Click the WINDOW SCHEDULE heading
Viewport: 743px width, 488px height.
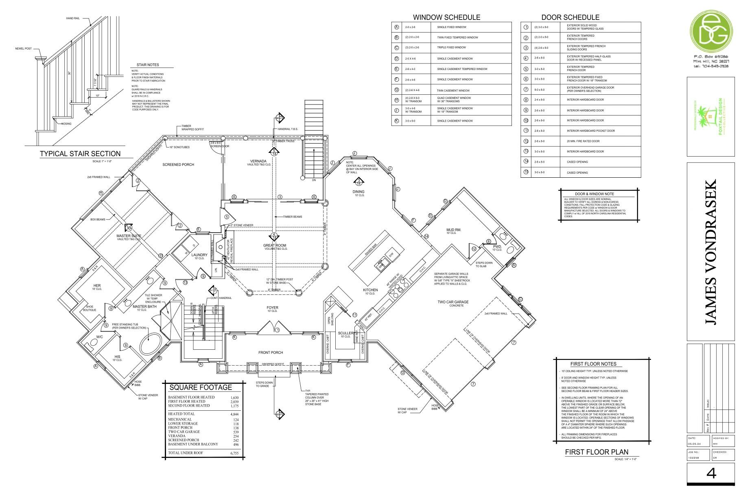pyautogui.click(x=446, y=17)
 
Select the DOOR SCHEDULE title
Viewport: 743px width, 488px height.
pyautogui.click(x=570, y=17)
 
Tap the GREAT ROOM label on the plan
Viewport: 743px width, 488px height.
pyautogui.click(x=274, y=246)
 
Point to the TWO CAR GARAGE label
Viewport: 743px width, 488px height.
pyautogui.click(x=453, y=302)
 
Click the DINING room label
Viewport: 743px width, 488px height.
pyautogui.click(x=358, y=192)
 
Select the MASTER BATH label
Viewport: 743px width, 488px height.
pyautogui.click(x=144, y=306)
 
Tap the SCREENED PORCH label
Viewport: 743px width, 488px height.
pyautogui.click(x=178, y=165)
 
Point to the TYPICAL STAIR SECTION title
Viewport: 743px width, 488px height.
pyautogui.click(x=80, y=154)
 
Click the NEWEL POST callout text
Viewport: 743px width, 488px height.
pyautogui.click(x=23, y=49)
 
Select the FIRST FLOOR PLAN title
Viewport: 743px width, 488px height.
pyautogui.click(x=596, y=452)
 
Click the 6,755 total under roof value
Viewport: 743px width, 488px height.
pyautogui.click(x=234, y=453)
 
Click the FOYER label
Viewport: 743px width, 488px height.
pyautogui.click(x=272, y=308)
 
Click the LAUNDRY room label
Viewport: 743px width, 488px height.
pyautogui.click(x=199, y=255)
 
